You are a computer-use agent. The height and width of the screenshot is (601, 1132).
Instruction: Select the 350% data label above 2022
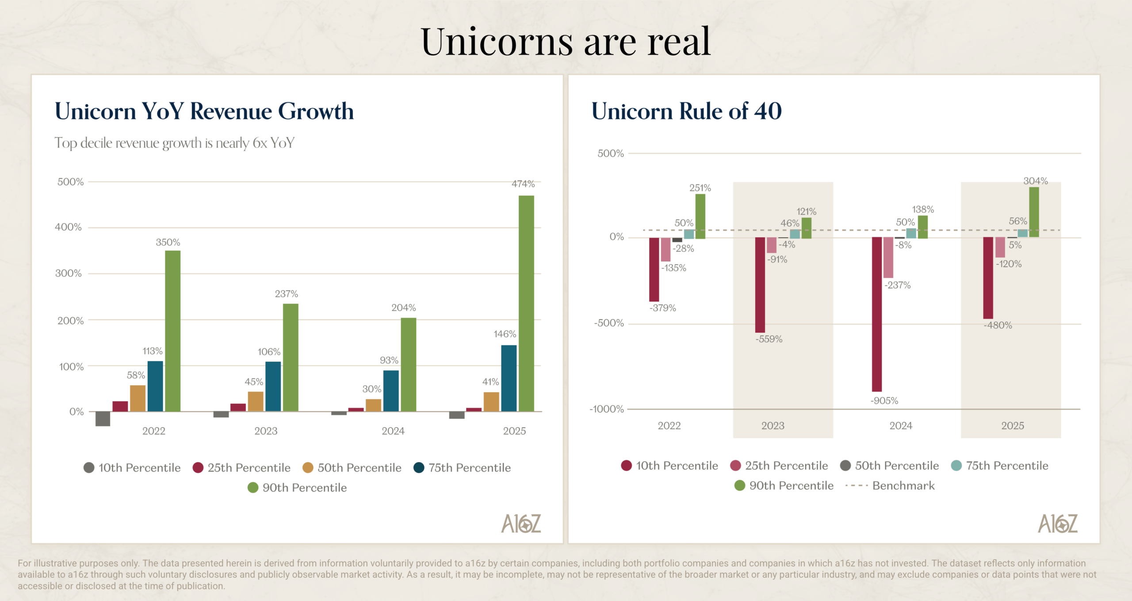[168, 243]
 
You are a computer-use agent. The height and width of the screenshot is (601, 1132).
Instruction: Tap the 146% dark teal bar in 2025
[509, 378]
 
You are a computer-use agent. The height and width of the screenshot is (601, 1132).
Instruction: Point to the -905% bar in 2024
[876, 314]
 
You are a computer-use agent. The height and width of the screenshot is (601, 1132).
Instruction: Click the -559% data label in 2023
[769, 339]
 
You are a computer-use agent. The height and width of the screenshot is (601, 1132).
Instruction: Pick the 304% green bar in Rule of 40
[1034, 212]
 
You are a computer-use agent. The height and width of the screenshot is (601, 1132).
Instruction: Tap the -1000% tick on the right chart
[607, 409]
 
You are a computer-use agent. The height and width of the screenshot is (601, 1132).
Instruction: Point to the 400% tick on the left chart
[69, 227]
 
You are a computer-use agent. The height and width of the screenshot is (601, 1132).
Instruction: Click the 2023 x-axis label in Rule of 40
[773, 426]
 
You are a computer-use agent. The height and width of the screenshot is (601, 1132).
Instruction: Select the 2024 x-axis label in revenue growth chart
[393, 431]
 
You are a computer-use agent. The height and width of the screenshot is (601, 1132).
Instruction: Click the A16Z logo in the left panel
[521, 524]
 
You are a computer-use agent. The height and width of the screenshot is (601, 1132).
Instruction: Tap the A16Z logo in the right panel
[1058, 524]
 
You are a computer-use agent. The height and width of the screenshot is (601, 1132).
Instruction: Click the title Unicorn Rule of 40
[686, 111]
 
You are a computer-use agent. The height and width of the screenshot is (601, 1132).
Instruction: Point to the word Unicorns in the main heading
[497, 42]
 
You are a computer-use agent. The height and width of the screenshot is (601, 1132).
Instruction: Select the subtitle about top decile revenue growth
[174, 143]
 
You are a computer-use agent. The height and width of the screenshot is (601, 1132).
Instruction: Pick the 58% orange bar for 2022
[138, 398]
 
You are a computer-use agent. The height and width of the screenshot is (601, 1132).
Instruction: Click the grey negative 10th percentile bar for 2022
[103, 419]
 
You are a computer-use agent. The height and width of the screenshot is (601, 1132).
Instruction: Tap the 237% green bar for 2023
[291, 358]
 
